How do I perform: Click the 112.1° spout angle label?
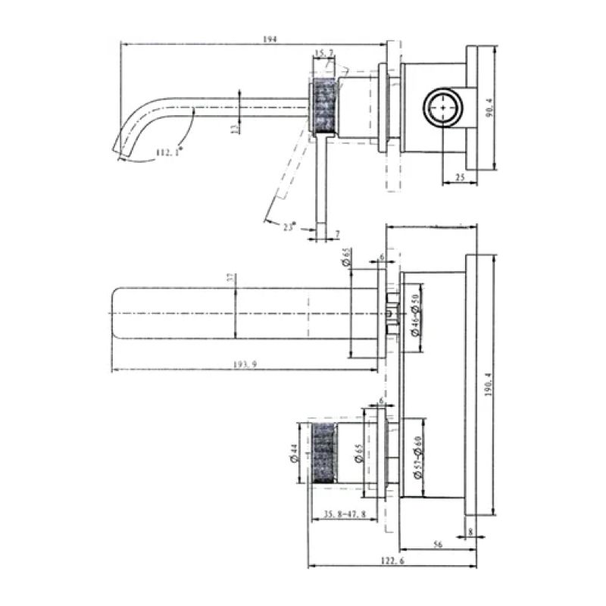169,152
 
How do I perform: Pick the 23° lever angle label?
289,225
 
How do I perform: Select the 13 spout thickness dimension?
234,128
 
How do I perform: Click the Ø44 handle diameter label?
292,454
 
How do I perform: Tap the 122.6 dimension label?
392,561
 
